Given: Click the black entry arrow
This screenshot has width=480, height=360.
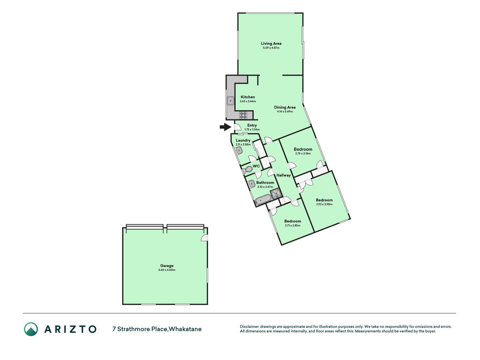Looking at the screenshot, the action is (225, 127).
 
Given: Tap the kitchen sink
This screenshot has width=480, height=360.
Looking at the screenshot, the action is (231, 100).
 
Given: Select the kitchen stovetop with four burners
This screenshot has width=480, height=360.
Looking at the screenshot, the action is (243, 115).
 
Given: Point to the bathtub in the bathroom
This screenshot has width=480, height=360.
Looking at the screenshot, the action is (263, 200).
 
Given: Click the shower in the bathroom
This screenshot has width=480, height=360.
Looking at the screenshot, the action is (276, 194).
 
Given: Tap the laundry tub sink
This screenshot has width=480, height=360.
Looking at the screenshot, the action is (239, 150).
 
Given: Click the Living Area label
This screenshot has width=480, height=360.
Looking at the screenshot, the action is (271, 43).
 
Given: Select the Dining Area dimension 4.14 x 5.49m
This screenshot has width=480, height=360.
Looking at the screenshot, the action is (285, 112).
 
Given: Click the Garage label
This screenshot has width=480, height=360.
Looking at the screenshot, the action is (167, 265).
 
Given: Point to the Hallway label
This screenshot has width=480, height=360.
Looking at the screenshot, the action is (283, 175).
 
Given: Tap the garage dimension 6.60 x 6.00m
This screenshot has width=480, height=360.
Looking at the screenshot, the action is (167, 270).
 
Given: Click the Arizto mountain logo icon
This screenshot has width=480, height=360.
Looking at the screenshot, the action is (31, 329).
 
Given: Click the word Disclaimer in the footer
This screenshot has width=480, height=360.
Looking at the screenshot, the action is (249, 327).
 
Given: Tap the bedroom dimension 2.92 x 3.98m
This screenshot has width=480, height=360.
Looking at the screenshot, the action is (324, 204).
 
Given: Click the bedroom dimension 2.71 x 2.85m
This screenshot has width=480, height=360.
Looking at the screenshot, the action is (292, 226).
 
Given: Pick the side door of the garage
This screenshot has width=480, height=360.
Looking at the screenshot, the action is (205, 238).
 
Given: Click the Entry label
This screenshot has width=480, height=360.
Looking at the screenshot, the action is (252, 125).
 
